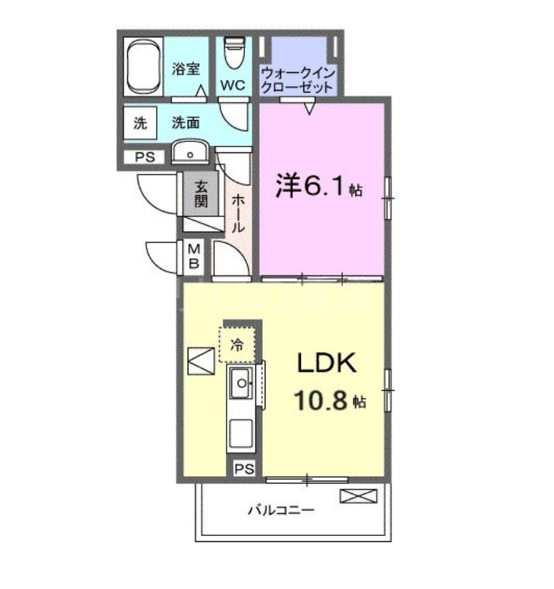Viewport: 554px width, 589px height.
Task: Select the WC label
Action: coord(233,85)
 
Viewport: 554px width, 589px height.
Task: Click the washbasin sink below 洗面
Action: coord(191,153)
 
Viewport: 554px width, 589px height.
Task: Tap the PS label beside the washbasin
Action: coord(143,157)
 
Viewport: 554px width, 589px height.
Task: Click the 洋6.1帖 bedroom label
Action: coord(319,187)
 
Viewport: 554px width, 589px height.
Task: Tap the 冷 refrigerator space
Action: coord(237,344)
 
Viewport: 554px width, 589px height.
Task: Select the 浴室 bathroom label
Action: coord(187,70)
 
